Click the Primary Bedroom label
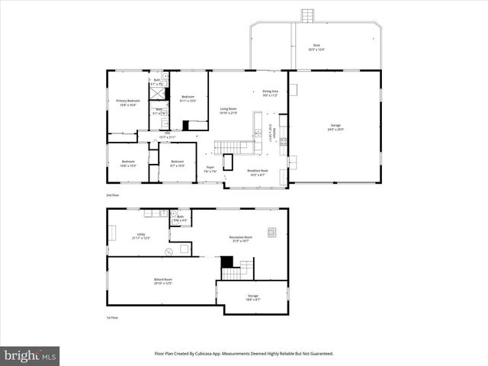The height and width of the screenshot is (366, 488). tap(127, 102)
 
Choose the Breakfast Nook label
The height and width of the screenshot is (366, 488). tap(256, 172)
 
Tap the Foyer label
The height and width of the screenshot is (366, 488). tap(210, 169)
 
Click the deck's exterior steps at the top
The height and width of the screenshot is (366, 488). tap(307, 15)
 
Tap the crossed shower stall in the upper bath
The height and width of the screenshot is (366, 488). tap(157, 93)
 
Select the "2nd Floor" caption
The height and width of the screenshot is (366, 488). tap(114, 195)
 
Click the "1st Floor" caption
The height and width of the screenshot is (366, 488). tap(113, 317)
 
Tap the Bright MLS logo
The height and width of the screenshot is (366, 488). tap(30, 355)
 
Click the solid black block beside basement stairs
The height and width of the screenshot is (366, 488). tap(226, 262)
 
